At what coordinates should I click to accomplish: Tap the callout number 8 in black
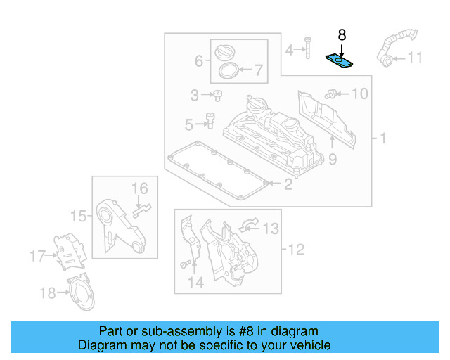[x=342, y=34]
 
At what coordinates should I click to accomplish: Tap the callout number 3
[x=195, y=95]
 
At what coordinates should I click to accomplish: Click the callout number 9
[x=332, y=160]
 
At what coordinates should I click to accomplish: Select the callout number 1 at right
[x=383, y=139]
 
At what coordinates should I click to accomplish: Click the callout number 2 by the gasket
[x=288, y=185]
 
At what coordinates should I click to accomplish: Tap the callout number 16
[x=140, y=188]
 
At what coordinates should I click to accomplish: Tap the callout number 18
[x=47, y=292]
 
